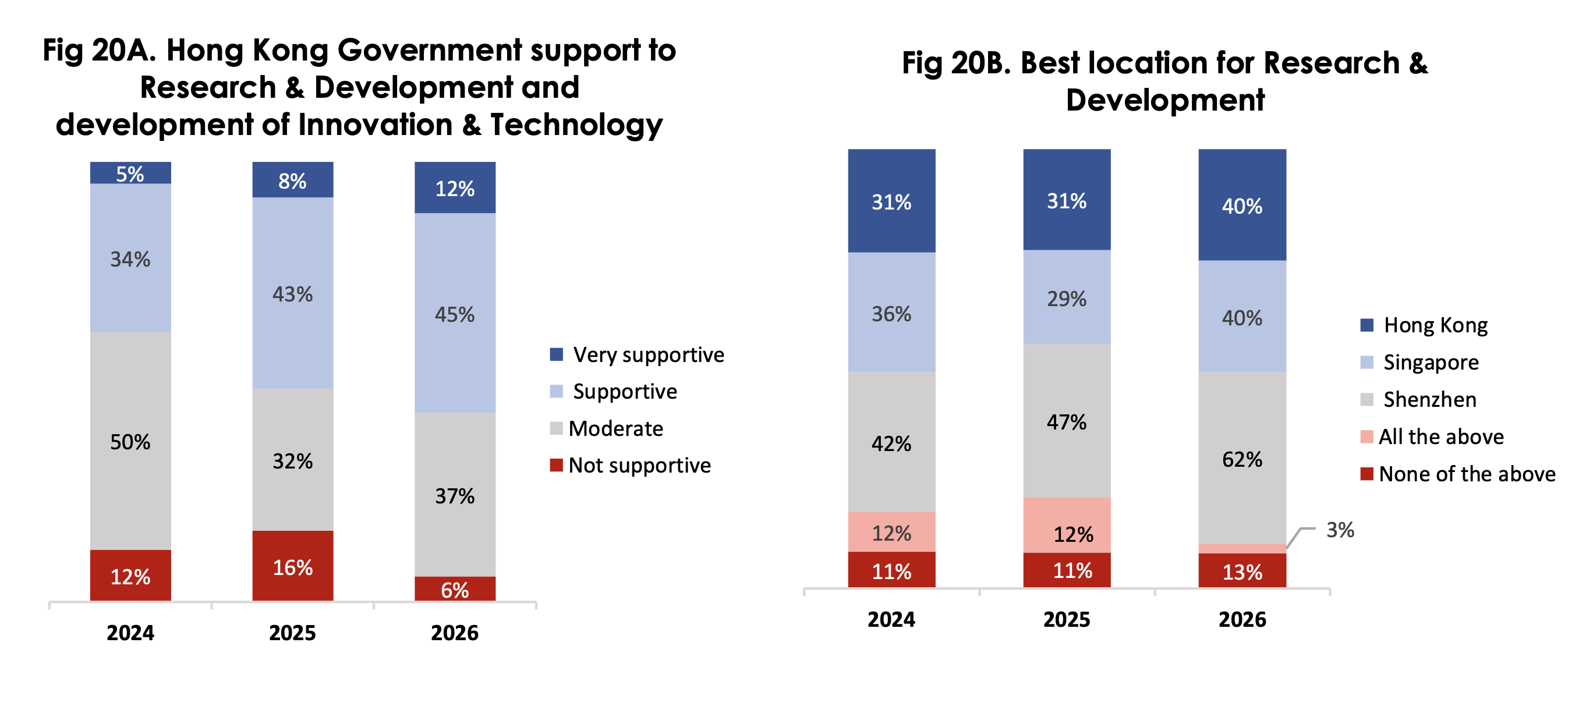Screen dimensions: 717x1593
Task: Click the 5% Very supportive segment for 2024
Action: tap(130, 173)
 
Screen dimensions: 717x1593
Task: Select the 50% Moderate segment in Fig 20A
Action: tap(130, 441)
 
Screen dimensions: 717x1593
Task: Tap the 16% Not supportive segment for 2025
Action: tap(292, 566)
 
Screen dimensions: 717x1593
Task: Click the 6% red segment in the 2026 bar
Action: tap(455, 589)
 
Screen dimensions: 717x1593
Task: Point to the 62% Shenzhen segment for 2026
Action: tap(1242, 459)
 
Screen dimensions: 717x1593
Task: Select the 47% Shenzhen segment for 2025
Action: tap(1066, 421)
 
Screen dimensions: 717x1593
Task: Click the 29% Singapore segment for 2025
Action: tap(1066, 298)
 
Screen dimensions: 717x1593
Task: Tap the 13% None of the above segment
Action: tap(1242, 571)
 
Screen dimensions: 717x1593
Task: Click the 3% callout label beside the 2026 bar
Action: tap(1340, 530)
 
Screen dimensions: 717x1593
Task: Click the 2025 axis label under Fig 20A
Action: tap(292, 632)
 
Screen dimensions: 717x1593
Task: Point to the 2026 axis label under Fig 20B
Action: tap(1242, 619)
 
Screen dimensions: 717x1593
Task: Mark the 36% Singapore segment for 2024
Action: tap(891, 313)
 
